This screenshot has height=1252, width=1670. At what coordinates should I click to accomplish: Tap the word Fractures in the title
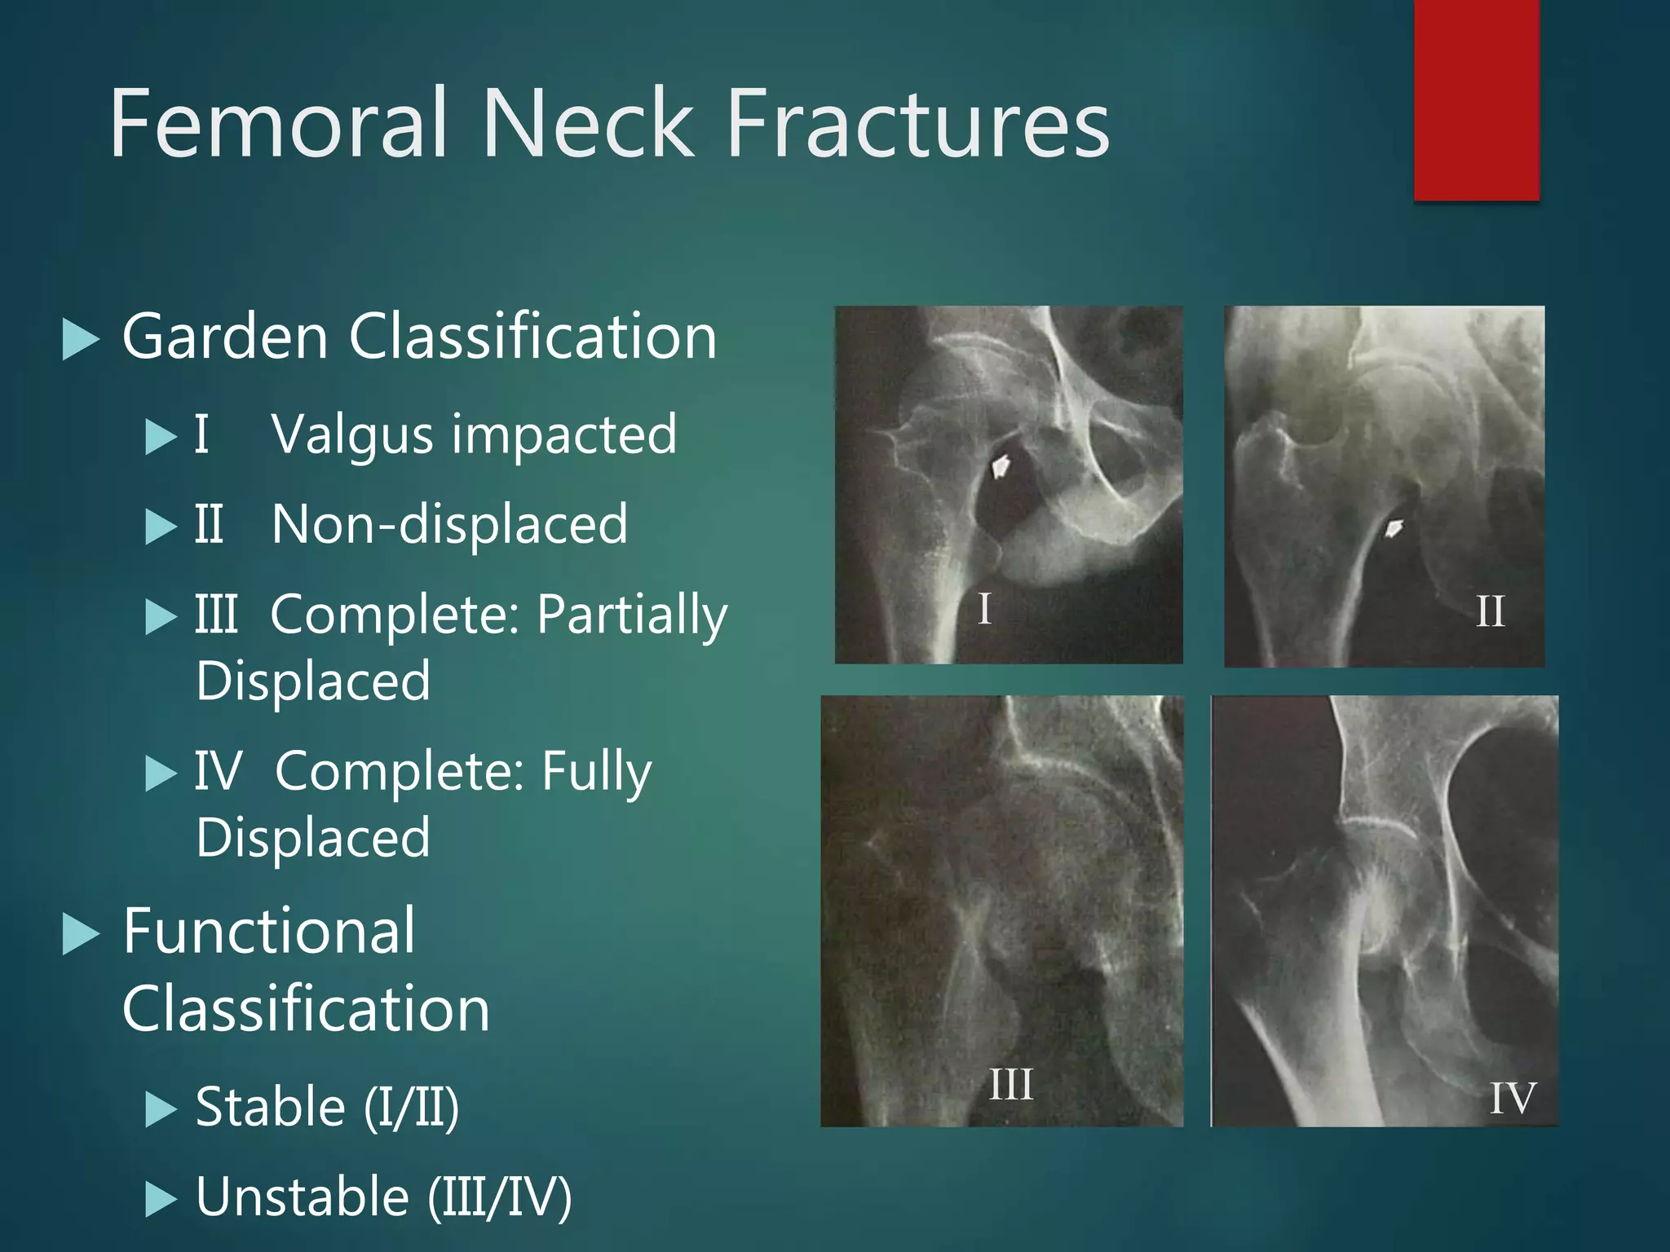pyautogui.click(x=917, y=124)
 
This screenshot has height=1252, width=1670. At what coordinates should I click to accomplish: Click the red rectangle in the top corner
pyautogui.click(x=1476, y=99)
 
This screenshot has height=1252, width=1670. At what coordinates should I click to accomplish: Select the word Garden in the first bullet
pyautogui.click(x=224, y=336)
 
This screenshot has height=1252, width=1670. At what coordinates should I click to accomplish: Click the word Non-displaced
pyautogui.click(x=449, y=524)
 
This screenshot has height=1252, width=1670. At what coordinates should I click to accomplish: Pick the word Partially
pyautogui.click(x=632, y=615)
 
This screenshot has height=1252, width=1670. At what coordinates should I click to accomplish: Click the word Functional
pyautogui.click(x=269, y=931)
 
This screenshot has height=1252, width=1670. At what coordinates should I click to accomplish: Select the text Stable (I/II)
pyautogui.click(x=327, y=1107)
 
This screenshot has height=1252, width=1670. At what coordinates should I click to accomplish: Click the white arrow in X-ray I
pyautogui.click(x=1001, y=467)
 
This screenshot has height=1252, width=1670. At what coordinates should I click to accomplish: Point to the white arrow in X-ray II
pyautogui.click(x=1394, y=528)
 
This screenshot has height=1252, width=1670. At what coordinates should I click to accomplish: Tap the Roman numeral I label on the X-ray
pyautogui.click(x=984, y=609)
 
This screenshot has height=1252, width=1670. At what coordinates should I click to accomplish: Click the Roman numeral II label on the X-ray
pyautogui.click(x=1490, y=611)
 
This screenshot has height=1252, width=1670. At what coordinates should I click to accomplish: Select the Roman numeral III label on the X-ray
pyautogui.click(x=1010, y=1085)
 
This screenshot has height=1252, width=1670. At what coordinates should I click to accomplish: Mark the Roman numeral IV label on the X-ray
pyautogui.click(x=1513, y=1098)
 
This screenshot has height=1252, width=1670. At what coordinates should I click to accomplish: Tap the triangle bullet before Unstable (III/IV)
pyautogui.click(x=161, y=1199)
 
